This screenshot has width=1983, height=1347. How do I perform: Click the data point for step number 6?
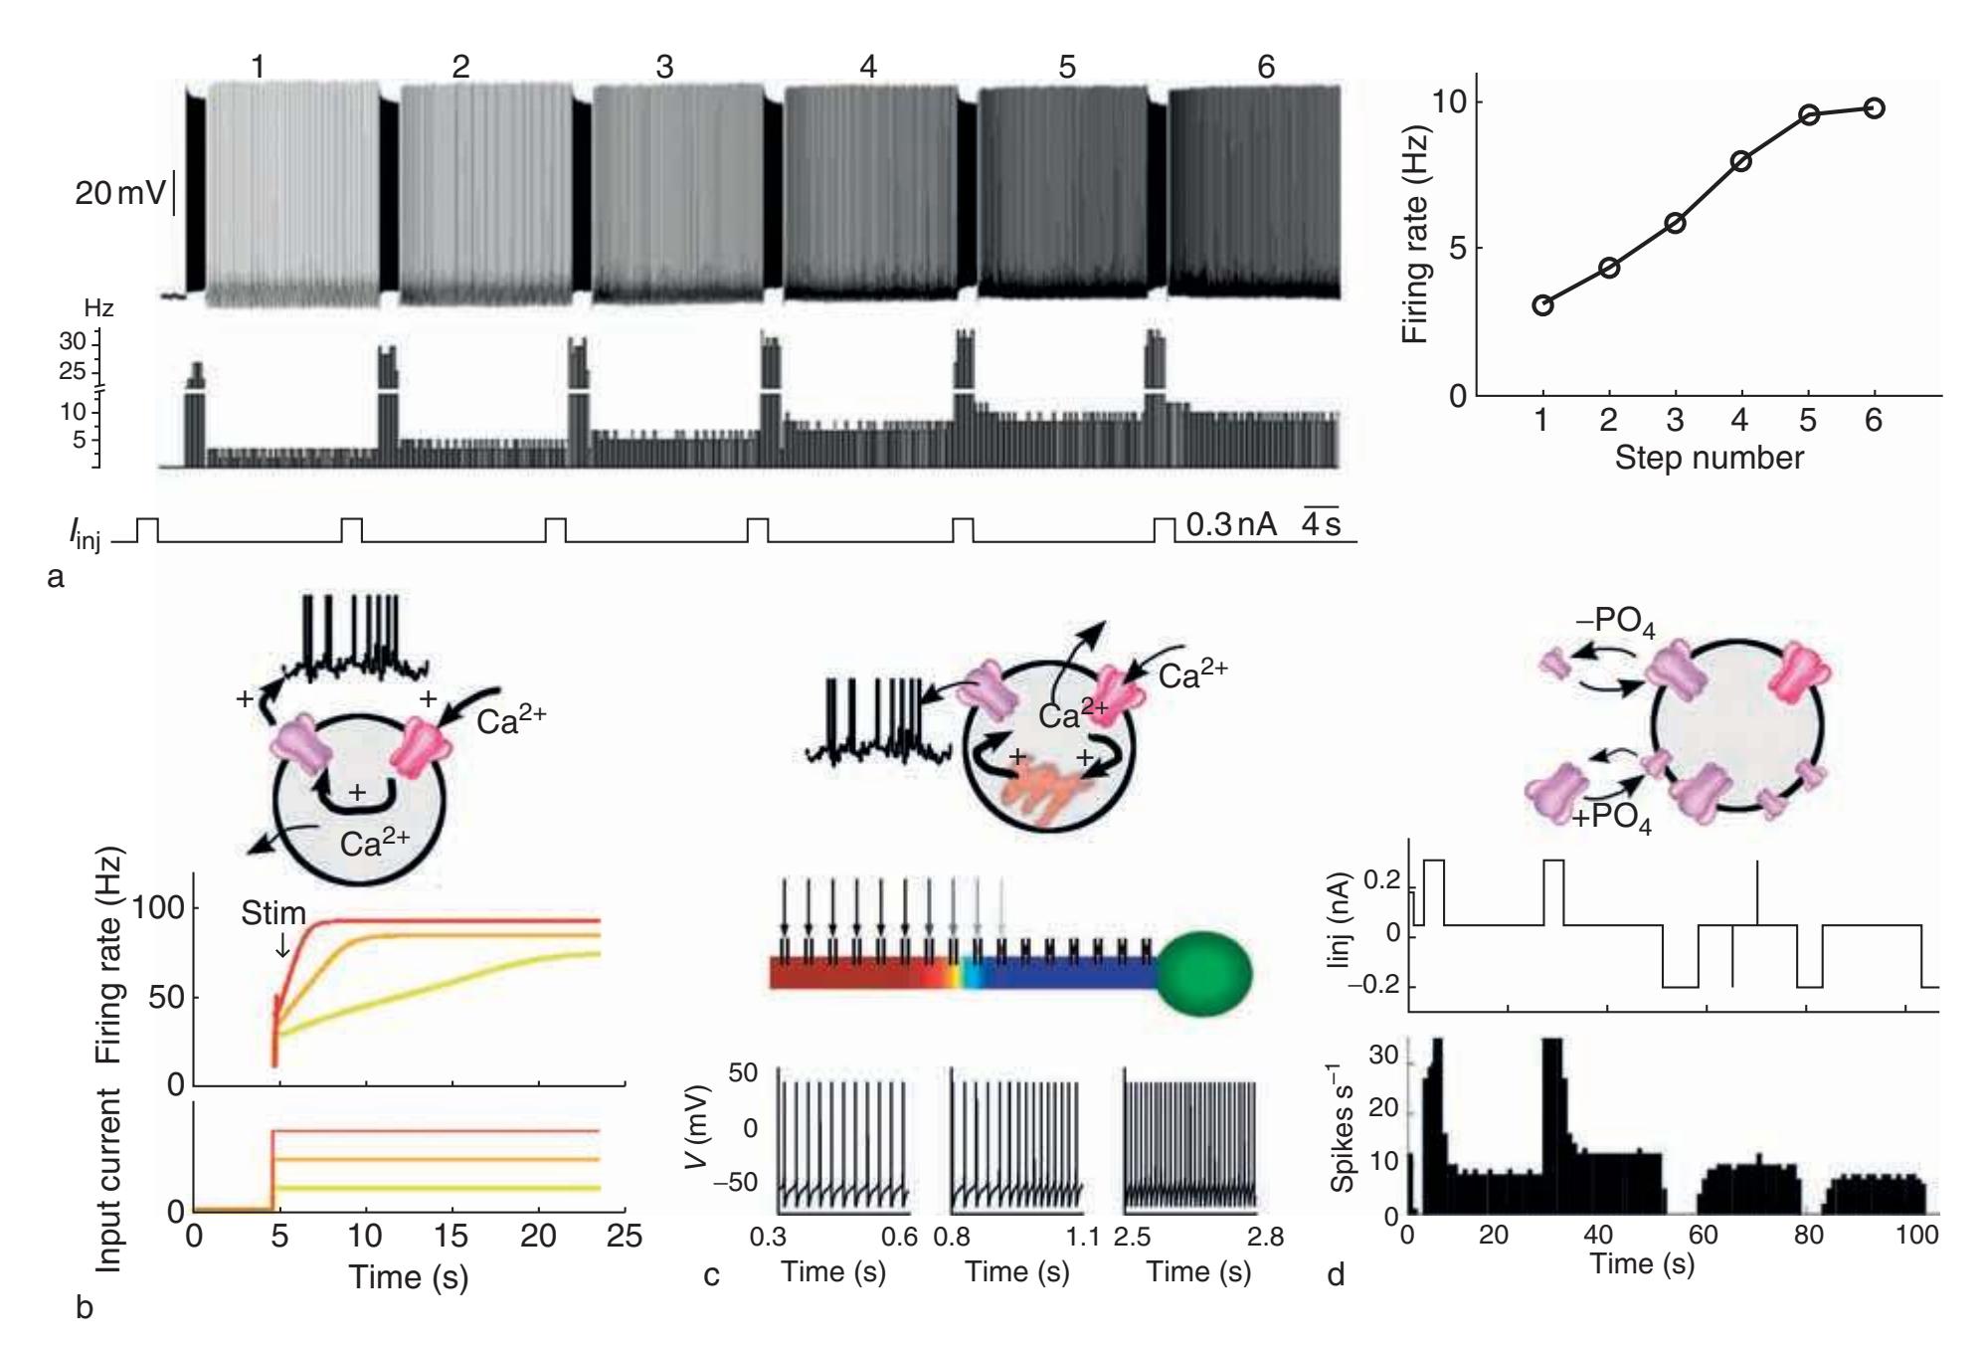1874,107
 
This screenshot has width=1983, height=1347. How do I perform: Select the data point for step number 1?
1542,304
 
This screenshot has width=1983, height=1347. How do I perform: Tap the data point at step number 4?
1741,160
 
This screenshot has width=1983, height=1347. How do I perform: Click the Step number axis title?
1709,458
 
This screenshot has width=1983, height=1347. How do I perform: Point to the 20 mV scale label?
119,193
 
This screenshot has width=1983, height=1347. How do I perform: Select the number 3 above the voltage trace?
663,67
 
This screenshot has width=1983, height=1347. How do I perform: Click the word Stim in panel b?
273,914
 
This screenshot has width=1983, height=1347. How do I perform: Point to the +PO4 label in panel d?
1611,822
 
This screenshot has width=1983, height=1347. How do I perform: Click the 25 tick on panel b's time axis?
624,1237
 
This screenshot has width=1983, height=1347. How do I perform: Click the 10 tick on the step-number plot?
1453,102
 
